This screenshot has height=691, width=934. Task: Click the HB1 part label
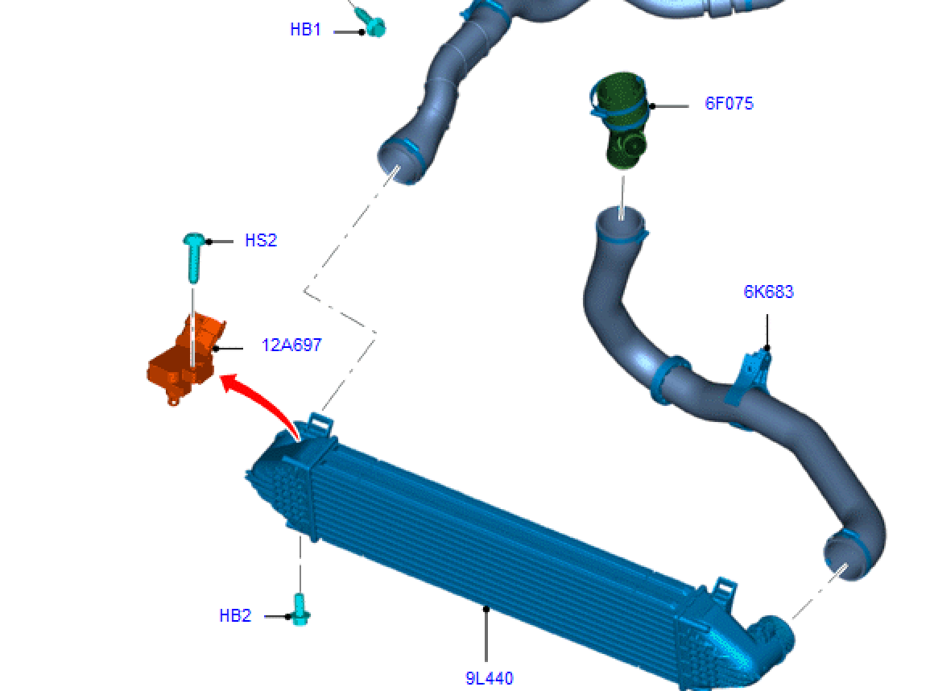(x=306, y=29)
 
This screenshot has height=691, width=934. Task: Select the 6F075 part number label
(x=729, y=104)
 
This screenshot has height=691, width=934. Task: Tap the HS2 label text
(x=261, y=241)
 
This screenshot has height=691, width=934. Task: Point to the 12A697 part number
(x=291, y=345)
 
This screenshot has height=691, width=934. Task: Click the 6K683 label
(x=768, y=292)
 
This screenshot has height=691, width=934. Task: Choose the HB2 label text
(x=235, y=616)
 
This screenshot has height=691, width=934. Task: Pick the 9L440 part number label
(x=489, y=678)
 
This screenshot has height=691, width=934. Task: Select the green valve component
(x=619, y=119)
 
